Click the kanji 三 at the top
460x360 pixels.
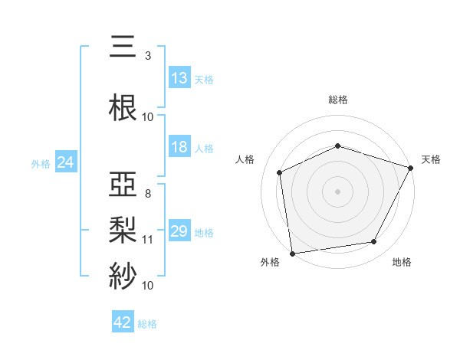[x=123, y=48]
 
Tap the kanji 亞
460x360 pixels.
[x=123, y=185]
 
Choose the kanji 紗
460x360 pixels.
[x=123, y=273]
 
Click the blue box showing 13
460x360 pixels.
[x=179, y=77]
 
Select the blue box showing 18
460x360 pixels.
[x=179, y=147]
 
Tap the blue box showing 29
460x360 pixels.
[x=179, y=231]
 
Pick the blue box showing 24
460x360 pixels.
[x=65, y=162]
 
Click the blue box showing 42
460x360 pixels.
[x=123, y=322]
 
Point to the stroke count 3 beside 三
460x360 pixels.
[x=148, y=56]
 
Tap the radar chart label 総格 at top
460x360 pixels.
[x=338, y=100]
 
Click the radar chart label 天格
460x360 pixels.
[x=431, y=159]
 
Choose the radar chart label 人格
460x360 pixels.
[x=245, y=159]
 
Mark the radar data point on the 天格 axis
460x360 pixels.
[x=410, y=168]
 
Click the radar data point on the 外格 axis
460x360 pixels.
[x=292, y=253]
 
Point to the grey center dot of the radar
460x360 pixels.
[x=338, y=191]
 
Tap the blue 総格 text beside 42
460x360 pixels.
[x=147, y=324]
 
